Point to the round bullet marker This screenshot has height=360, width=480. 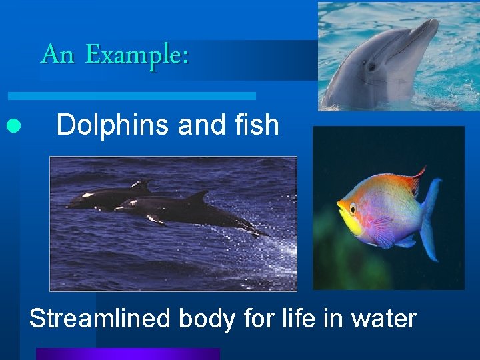click(x=11, y=125)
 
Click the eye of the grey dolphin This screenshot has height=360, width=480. click(x=371, y=67)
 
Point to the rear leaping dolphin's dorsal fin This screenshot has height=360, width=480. click(x=142, y=184)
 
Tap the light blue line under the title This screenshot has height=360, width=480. click(x=133, y=96)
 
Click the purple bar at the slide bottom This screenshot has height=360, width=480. click(x=127, y=354)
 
